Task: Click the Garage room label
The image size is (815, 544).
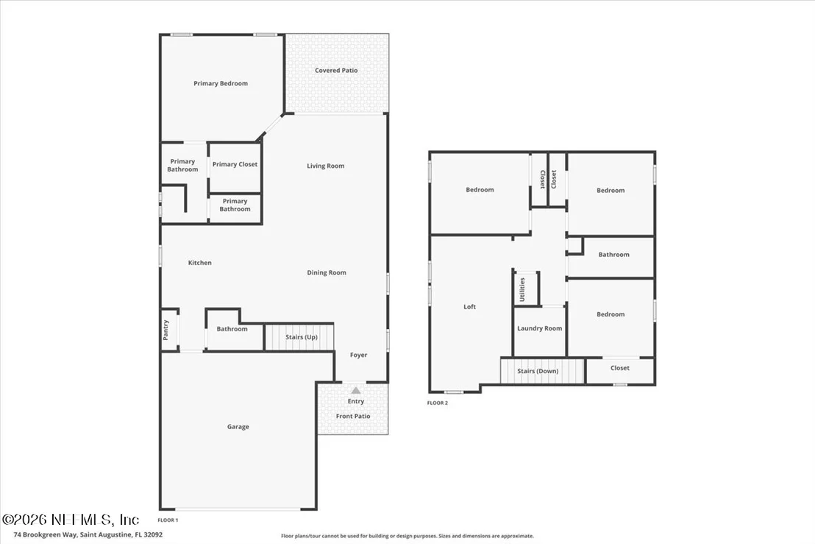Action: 238,427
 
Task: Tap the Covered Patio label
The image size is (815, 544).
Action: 336,70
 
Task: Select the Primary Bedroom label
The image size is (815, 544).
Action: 221,83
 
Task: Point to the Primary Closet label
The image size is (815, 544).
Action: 235,164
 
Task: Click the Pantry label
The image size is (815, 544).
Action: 166,330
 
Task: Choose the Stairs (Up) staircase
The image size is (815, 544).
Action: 299,337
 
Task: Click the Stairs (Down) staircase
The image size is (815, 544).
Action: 543,371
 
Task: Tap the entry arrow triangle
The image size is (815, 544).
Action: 355,391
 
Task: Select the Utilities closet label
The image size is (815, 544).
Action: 522,290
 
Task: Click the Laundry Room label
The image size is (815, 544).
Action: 539,328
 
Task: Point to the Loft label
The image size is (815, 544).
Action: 469,307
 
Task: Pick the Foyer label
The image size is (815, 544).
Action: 359,356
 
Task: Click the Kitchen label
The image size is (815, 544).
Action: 199,263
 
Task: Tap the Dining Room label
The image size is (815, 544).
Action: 327,272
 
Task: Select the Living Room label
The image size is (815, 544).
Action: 325,166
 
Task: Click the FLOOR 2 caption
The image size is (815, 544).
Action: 437,403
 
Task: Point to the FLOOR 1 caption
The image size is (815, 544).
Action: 168,520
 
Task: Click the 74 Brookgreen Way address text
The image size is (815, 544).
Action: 88,534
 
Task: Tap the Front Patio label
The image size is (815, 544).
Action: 353,416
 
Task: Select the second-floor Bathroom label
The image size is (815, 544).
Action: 614,255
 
